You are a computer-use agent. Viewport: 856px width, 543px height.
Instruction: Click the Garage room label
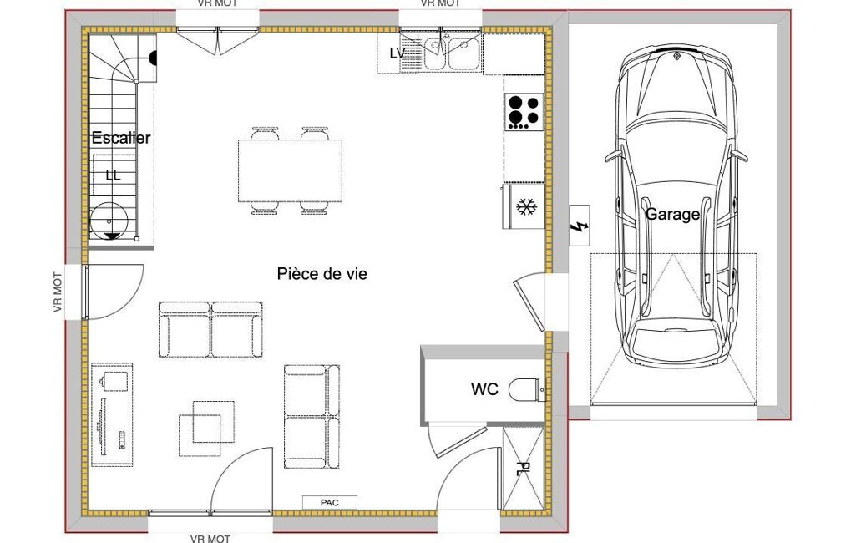(672, 214)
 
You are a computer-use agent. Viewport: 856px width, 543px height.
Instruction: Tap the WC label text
(484, 389)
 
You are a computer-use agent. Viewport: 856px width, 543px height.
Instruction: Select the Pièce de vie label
(322, 273)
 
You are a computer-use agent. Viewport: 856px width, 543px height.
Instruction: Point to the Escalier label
(120, 138)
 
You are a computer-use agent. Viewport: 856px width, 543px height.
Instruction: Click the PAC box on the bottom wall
(330, 503)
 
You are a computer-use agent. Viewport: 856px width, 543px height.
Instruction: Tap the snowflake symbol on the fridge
(527, 207)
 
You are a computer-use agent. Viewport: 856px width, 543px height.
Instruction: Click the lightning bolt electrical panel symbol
(580, 226)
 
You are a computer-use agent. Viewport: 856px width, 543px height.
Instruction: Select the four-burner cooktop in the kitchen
(524, 112)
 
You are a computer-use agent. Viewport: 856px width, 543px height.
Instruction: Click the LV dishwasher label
(398, 53)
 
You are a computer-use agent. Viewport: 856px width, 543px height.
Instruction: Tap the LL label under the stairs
(113, 175)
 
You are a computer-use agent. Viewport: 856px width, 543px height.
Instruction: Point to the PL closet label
(523, 469)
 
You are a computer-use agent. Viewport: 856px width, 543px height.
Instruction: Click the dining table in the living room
(290, 170)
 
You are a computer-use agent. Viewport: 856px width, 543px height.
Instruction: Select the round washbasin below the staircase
(109, 221)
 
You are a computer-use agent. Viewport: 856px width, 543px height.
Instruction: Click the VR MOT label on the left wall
(58, 292)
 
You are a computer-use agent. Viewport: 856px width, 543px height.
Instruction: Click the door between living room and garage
(530, 303)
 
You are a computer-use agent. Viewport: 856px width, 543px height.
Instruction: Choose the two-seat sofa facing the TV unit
(210, 329)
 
